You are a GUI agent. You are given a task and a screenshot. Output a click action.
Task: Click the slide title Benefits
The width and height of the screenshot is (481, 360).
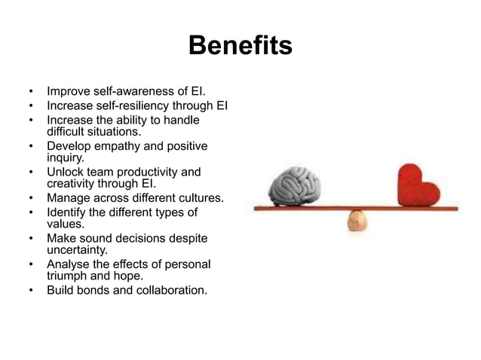click(240, 47)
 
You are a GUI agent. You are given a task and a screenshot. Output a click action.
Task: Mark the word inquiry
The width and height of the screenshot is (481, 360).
click(66, 158)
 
